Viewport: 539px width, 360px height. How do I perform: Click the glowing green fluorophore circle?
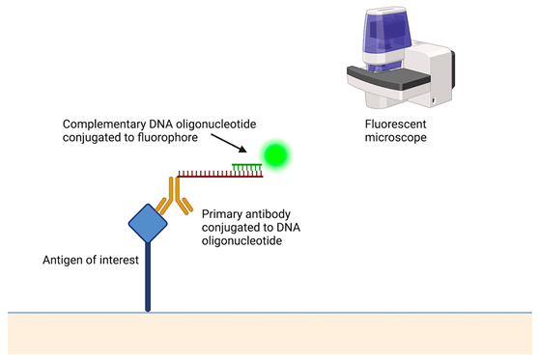pyautogui.click(x=275, y=155)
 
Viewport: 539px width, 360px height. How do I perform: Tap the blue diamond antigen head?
pyautogui.click(x=148, y=223)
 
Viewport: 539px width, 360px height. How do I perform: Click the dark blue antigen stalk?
pyautogui.click(x=148, y=277)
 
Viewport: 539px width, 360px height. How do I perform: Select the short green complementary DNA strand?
pyautogui.click(x=247, y=167)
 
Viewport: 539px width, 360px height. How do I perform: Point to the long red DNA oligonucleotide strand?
pyautogui.click(x=220, y=174)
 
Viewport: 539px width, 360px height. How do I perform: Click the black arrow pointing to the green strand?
pyautogui.click(x=229, y=143)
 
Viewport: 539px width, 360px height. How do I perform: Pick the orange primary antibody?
pyautogui.click(x=174, y=196)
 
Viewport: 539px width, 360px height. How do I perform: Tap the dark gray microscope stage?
pyautogui.click(x=388, y=77)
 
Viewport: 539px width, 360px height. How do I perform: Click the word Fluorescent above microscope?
pyautogui.click(x=396, y=124)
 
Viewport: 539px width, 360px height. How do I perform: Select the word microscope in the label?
pyautogui.click(x=396, y=137)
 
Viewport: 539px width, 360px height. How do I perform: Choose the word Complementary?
pyautogui.click(x=104, y=125)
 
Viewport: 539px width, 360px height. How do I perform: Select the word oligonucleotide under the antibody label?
pyautogui.click(x=242, y=240)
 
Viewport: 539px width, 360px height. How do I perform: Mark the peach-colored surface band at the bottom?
pyautogui.click(x=269, y=334)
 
